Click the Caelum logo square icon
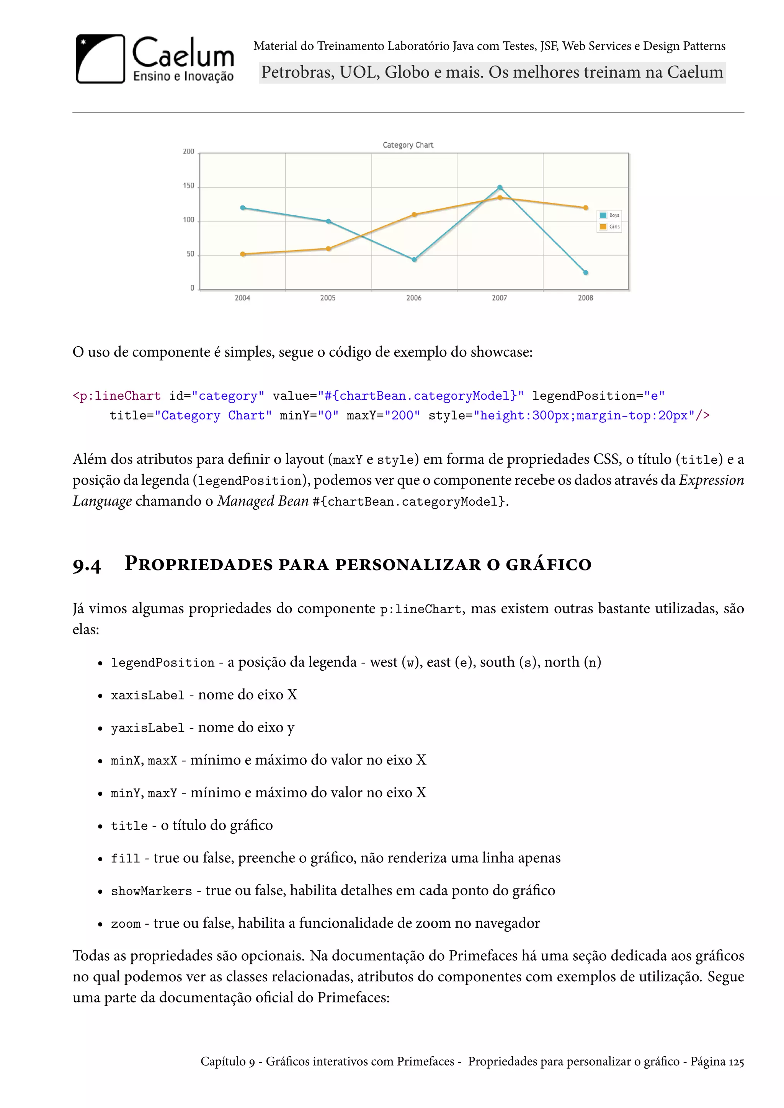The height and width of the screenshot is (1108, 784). tap(100, 59)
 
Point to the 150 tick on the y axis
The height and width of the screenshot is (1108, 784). tap(188, 186)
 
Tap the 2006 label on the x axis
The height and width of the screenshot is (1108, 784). tap(414, 298)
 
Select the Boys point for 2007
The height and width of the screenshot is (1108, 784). tap(500, 187)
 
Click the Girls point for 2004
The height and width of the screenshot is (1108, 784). tap(243, 254)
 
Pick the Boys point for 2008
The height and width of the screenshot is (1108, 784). tap(586, 273)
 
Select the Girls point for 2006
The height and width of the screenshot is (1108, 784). tap(414, 215)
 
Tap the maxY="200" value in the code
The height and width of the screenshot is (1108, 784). tap(383, 415)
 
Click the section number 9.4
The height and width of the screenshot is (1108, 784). tap(87, 565)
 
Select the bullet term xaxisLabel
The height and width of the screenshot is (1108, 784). tap(148, 696)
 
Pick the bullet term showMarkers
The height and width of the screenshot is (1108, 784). tap(152, 891)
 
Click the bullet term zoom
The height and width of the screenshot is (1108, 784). tap(126, 924)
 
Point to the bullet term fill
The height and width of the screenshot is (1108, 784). tap(126, 859)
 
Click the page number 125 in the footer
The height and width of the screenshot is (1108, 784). tap(736, 1062)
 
